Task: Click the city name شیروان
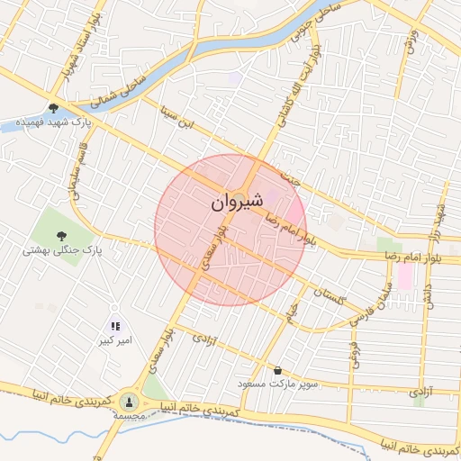239,203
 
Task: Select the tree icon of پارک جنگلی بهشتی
60,236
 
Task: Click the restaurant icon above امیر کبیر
115,326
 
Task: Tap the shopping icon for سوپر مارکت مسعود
277,370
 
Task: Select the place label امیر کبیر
117,342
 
